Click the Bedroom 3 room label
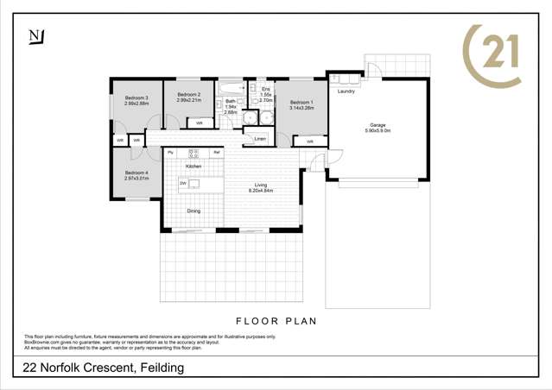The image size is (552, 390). (136, 98)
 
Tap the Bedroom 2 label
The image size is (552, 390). (189, 94)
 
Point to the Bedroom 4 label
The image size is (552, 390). (136, 173)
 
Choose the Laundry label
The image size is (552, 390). (346, 90)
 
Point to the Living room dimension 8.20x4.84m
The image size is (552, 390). (261, 190)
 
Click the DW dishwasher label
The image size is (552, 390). (183, 184)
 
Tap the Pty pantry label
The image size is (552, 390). (170, 153)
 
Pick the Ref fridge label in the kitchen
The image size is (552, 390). (218, 153)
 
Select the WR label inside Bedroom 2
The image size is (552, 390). (199, 123)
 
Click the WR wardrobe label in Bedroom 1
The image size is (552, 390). (309, 141)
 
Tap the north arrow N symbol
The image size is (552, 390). (35, 35)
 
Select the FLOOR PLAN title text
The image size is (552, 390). (276, 321)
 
